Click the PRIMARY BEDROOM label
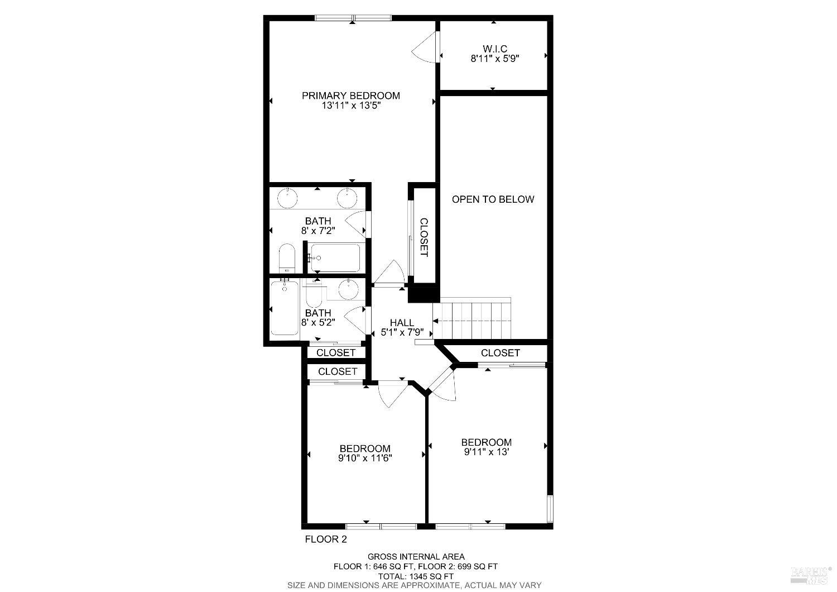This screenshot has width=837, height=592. [x=350, y=96]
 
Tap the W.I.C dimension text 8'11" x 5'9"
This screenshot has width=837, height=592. [x=495, y=58]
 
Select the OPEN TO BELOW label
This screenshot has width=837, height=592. [x=493, y=199]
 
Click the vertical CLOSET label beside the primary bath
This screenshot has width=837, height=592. [x=424, y=237]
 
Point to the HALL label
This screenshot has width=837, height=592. [x=402, y=323]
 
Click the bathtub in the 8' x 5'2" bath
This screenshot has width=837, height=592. [x=285, y=308]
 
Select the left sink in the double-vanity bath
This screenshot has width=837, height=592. [x=288, y=197]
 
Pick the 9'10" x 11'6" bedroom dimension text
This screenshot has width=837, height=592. [x=365, y=459]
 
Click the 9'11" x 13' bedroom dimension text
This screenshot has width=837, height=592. [x=486, y=453]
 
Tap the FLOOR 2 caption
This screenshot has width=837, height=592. [x=325, y=540]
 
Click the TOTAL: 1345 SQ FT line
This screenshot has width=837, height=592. [x=416, y=576]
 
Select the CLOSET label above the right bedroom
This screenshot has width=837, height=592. [x=500, y=353]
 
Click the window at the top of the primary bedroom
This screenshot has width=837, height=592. [x=353, y=17]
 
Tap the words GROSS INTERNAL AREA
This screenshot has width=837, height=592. [x=416, y=556]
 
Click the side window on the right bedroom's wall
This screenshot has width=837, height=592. [x=550, y=508]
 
